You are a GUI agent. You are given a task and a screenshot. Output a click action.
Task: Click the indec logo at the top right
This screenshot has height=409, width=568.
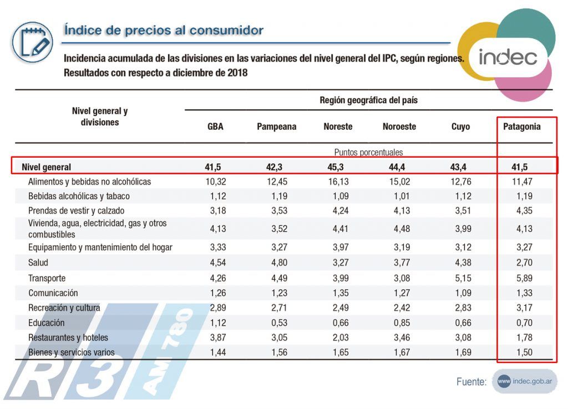pos(507,57)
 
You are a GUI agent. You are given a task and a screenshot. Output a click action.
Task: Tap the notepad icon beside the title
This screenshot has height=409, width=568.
pos(32,42)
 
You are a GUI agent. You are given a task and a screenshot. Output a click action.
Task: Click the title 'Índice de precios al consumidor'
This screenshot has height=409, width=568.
pos(164,30)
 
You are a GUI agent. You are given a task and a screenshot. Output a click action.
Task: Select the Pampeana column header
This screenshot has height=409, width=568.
pos(276,127)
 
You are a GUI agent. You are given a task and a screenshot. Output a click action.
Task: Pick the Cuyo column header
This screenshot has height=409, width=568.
pos(460,127)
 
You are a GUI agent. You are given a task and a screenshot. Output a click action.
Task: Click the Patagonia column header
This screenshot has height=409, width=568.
pos(521,127)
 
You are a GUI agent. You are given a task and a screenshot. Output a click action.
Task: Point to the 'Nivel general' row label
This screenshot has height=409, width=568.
pos(47,166)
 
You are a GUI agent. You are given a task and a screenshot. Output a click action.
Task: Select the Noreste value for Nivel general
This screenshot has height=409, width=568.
pos(337,166)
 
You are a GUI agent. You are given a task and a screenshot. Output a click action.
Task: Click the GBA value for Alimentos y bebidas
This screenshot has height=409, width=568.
pos(215,181)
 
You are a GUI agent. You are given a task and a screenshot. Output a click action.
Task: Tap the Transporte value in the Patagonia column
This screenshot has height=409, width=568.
pos(521,278)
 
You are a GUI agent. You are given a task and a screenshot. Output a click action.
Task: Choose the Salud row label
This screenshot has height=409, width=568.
pos(38,262)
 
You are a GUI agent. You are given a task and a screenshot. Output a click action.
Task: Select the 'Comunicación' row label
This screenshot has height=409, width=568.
pos(53,292)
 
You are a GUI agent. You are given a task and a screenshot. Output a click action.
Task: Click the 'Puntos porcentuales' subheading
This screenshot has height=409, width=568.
pos(368,152)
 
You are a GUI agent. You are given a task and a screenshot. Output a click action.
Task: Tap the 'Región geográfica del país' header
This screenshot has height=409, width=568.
pos(368,100)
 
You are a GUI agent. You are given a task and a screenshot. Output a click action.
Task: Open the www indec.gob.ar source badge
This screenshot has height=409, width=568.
pos(524,381)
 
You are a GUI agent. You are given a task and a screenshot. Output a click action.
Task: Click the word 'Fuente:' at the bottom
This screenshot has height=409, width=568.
pos(471,382)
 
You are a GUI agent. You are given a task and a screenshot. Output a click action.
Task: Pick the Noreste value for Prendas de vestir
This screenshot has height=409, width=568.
pos(337,210)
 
